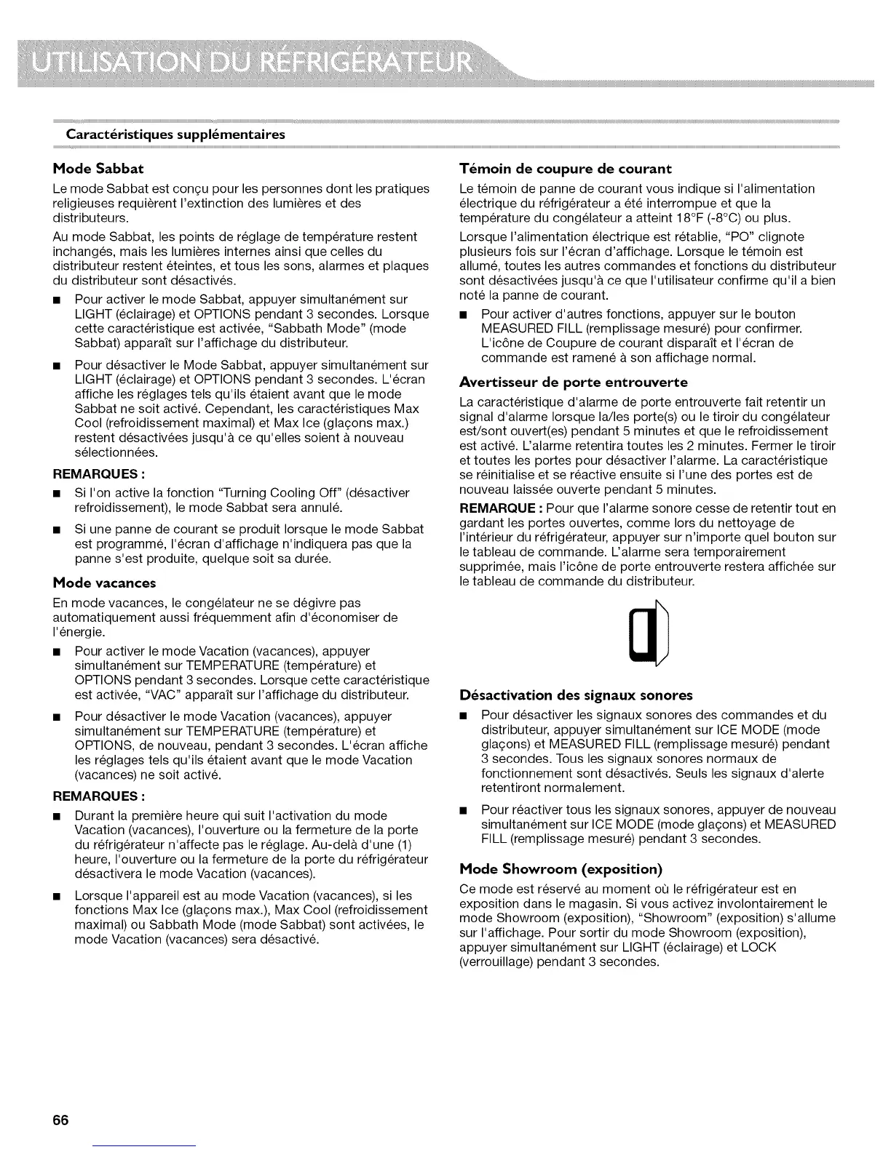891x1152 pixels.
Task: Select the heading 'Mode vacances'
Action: point(104,583)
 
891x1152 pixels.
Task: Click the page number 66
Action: point(60,1120)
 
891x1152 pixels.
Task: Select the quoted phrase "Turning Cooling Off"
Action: point(223,493)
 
